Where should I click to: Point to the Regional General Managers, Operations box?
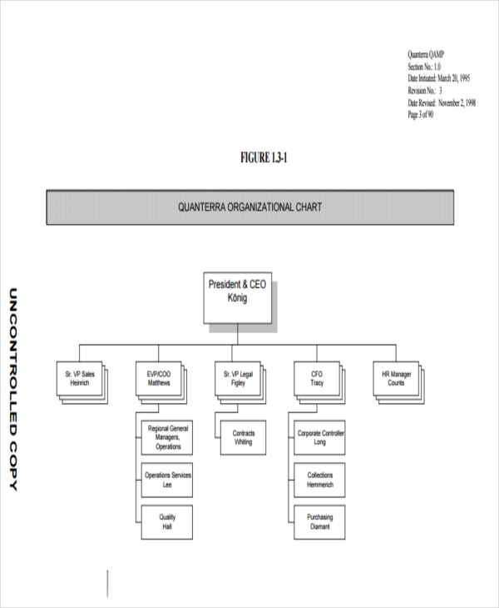coord(168,437)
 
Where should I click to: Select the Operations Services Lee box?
coord(168,479)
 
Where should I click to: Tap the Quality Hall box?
coord(168,521)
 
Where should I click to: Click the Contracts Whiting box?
coord(243,438)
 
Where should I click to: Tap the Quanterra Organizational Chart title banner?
coord(249,207)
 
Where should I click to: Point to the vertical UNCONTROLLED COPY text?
coord(12,388)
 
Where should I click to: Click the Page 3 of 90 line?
coord(420,115)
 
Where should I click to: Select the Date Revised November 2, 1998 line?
coord(441,102)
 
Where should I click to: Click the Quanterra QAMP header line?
coord(430,52)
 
